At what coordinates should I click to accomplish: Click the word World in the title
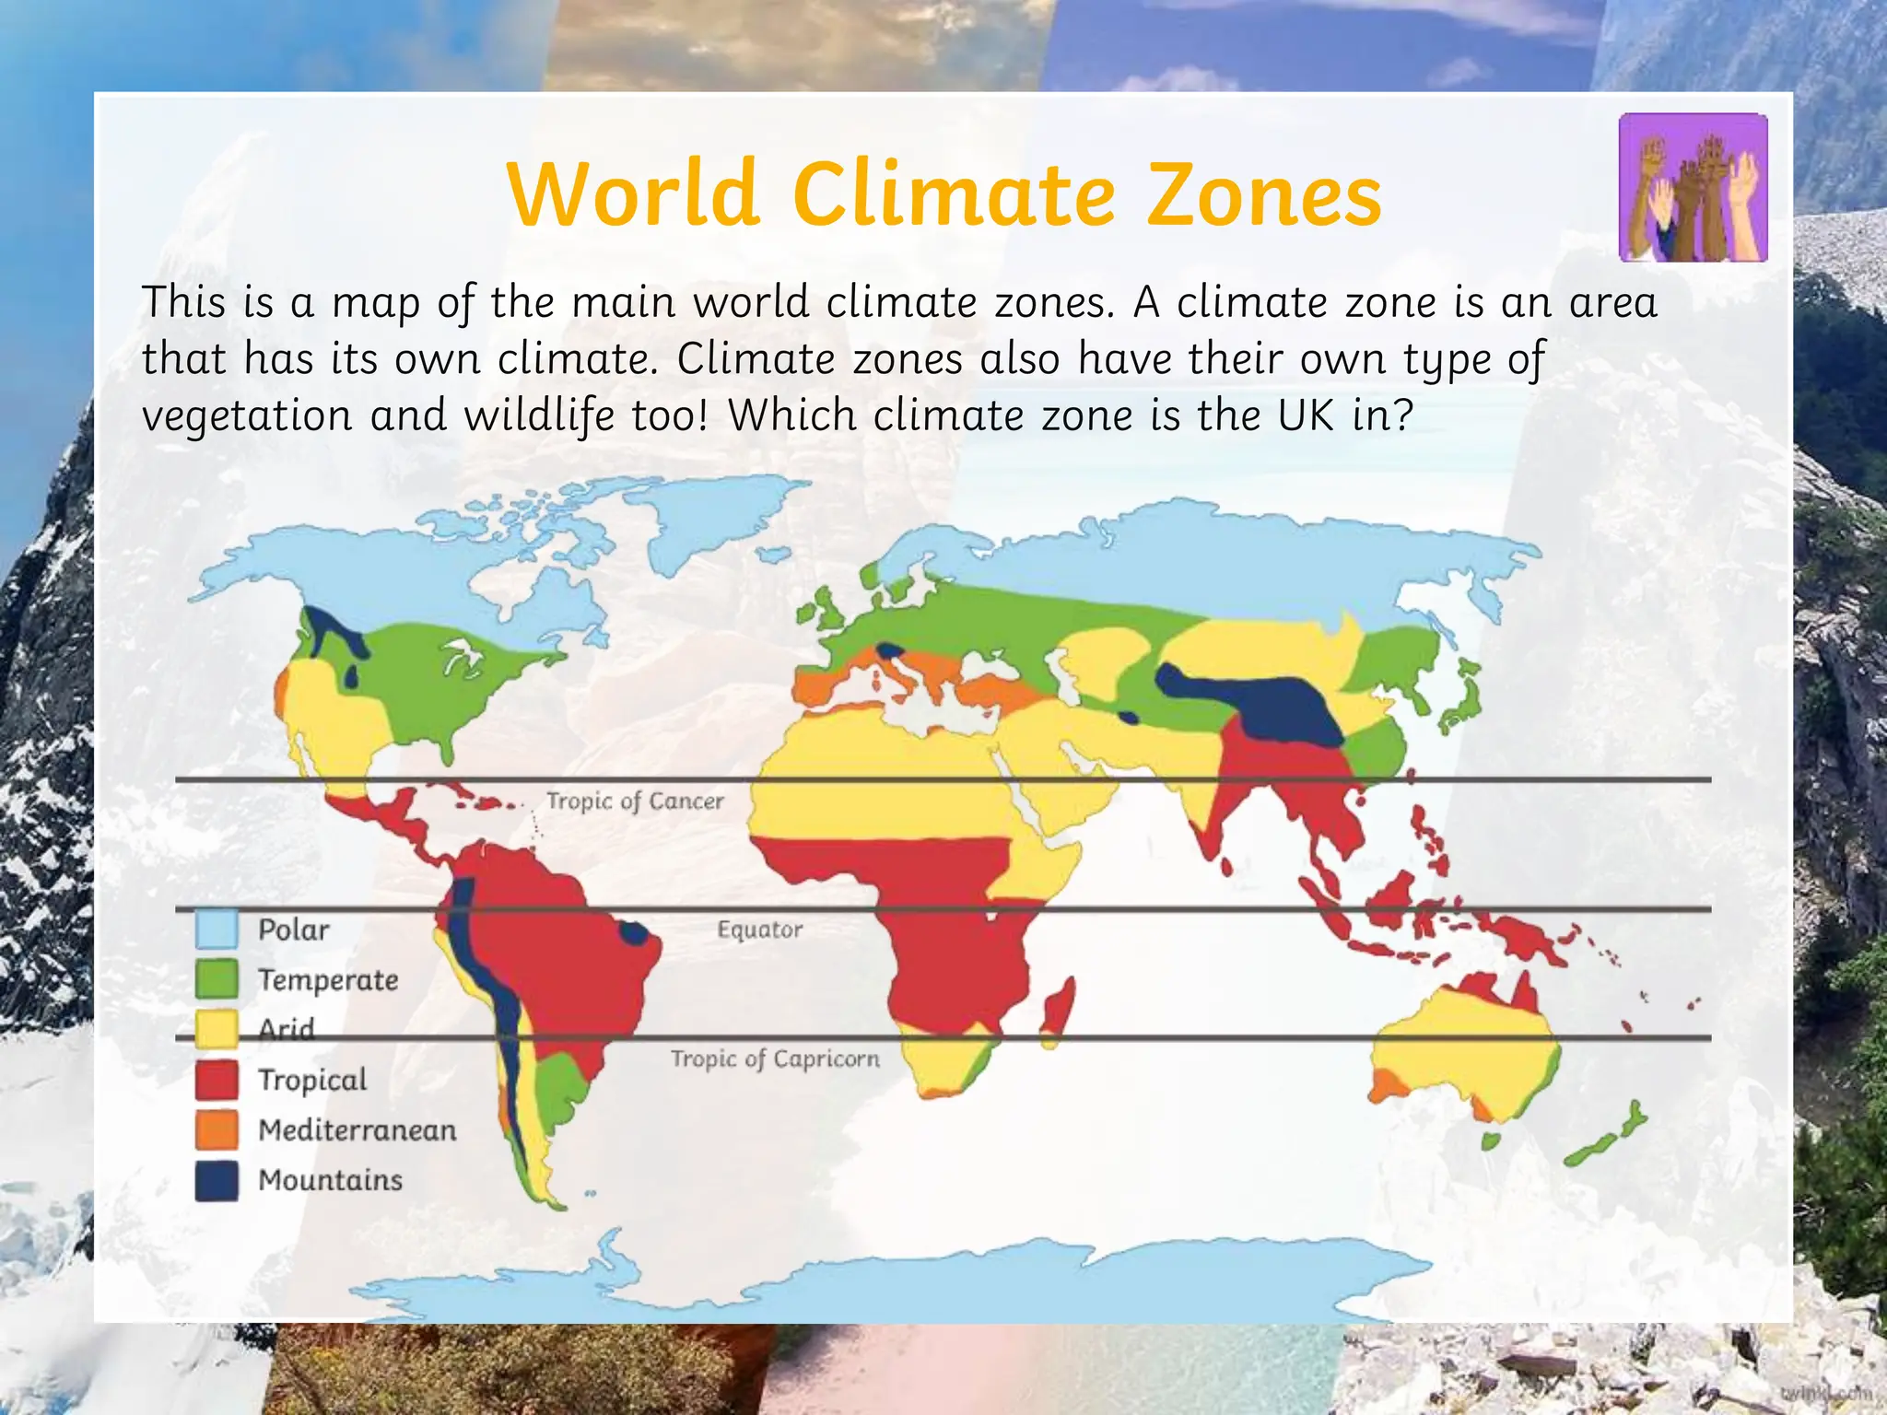tap(634, 195)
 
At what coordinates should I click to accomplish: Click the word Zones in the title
tap(1264, 195)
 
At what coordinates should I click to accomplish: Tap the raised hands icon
tap(1694, 188)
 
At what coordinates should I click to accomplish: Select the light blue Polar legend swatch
tap(217, 930)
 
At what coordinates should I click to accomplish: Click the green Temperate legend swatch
tap(217, 979)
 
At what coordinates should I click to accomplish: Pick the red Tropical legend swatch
tap(217, 1080)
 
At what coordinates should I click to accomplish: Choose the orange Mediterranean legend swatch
tap(217, 1130)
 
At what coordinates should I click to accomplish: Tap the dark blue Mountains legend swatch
tap(217, 1180)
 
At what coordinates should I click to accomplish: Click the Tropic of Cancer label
tap(635, 801)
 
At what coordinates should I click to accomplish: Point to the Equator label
tap(760, 930)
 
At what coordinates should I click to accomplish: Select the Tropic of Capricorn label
tap(775, 1058)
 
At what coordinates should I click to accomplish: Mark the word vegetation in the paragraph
tap(247, 415)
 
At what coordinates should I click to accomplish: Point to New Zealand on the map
tap(1608, 1138)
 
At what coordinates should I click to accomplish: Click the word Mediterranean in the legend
tap(357, 1130)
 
